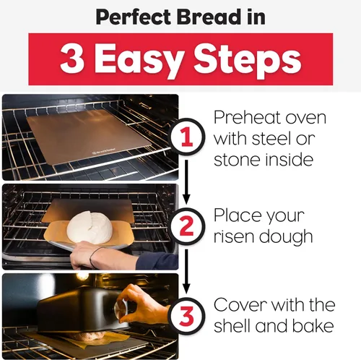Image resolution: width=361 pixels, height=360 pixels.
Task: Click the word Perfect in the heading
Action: click(x=134, y=17)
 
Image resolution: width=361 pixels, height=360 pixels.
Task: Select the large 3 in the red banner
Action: click(x=72, y=59)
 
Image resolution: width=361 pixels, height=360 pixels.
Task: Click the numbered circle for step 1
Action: click(x=187, y=137)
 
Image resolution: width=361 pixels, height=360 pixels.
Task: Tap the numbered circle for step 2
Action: click(x=187, y=226)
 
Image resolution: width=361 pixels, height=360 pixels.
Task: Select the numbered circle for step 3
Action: click(x=187, y=315)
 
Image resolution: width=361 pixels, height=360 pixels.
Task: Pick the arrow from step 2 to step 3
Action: click(x=186, y=272)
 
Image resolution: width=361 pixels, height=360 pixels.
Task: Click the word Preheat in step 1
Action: click(x=248, y=118)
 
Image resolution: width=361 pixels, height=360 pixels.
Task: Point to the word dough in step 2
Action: click(x=286, y=237)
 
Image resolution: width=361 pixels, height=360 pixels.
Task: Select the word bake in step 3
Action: click(x=313, y=326)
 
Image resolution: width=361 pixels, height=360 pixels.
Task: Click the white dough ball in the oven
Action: click(x=90, y=226)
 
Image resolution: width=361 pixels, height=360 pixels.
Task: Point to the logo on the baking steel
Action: click(x=104, y=151)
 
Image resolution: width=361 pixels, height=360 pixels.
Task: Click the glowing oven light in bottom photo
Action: click(x=83, y=277)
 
